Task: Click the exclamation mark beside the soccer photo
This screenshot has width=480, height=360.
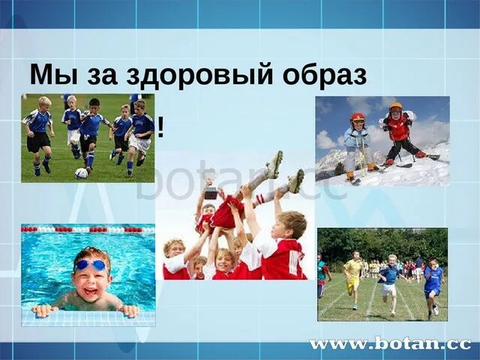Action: click(x=160, y=128)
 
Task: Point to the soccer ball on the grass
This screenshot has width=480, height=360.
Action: click(x=81, y=173)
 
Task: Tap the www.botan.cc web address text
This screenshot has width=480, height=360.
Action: click(x=390, y=344)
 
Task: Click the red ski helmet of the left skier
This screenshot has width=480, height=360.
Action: click(x=358, y=118)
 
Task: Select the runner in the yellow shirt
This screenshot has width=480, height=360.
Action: click(x=352, y=273)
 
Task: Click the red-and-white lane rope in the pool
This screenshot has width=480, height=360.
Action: click(x=88, y=229)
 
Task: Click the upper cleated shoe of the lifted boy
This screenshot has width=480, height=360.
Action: click(x=274, y=163)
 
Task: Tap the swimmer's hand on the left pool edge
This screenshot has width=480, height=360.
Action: click(x=44, y=310)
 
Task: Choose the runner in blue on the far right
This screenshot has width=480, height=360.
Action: click(x=433, y=284)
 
